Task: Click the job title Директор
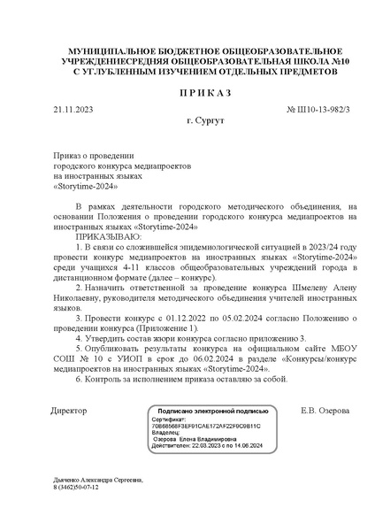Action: (x=69, y=412)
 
